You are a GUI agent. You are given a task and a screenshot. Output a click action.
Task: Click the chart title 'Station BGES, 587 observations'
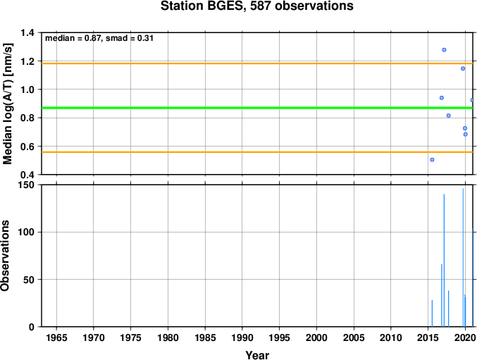coord(257,6)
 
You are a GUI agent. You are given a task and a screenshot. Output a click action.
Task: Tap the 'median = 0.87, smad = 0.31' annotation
coord(99,38)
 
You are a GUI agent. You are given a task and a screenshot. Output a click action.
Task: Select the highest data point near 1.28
coord(444,50)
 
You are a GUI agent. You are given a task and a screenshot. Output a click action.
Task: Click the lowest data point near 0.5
coord(432,160)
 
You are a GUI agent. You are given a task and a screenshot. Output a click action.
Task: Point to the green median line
coord(257,108)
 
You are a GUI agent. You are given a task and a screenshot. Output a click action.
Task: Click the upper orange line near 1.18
coord(257,63)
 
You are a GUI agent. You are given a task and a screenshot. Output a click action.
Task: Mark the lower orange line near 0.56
coord(257,152)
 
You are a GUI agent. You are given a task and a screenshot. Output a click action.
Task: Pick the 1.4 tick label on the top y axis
coord(29,32)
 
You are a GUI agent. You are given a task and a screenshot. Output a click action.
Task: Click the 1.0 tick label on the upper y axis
coord(29,89)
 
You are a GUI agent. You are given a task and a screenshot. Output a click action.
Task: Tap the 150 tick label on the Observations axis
coord(28,185)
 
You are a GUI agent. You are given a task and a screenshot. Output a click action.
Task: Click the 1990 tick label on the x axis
coord(242,337)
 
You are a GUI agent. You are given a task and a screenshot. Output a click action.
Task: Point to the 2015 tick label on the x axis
coord(428,337)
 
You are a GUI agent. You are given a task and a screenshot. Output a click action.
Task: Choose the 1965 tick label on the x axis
coord(56,337)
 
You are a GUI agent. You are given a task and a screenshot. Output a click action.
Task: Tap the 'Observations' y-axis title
coord(5,256)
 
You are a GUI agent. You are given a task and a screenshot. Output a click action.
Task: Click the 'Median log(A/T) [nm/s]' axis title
coord(7,104)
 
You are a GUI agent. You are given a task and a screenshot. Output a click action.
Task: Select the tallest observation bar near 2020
coord(463,258)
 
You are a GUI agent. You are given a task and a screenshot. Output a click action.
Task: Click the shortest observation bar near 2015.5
coord(432,314)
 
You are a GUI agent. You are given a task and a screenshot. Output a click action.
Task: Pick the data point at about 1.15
coord(463,68)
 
